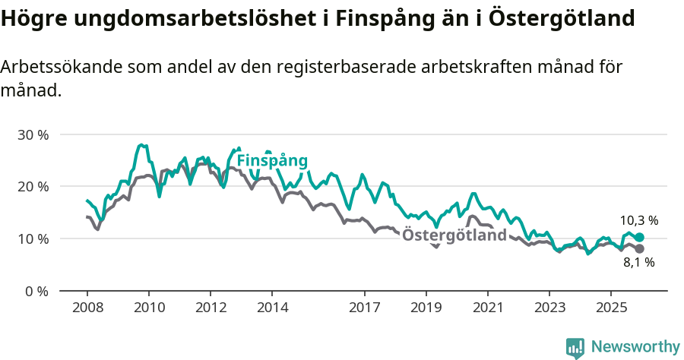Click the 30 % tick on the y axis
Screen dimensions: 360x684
point(32,134)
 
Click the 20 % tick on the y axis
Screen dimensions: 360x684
point(32,187)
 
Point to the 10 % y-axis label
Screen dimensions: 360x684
point(32,238)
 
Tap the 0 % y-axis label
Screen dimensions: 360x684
point(36,291)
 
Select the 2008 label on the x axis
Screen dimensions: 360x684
point(87,308)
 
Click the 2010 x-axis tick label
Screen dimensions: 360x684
point(149,308)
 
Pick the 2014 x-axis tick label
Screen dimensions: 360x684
point(272,308)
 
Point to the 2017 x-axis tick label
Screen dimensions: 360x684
point(365,308)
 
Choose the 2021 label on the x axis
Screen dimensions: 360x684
point(488,308)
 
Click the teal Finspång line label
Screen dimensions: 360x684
point(272,161)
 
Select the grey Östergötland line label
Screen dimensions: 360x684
point(454,235)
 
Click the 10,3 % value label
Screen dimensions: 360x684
point(638,220)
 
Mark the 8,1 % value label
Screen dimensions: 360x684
point(638,263)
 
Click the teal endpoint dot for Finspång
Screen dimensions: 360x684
point(639,238)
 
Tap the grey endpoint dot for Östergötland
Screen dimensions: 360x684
point(639,249)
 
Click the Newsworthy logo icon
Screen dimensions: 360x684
point(575,348)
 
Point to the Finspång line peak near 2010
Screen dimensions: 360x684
point(141,144)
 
